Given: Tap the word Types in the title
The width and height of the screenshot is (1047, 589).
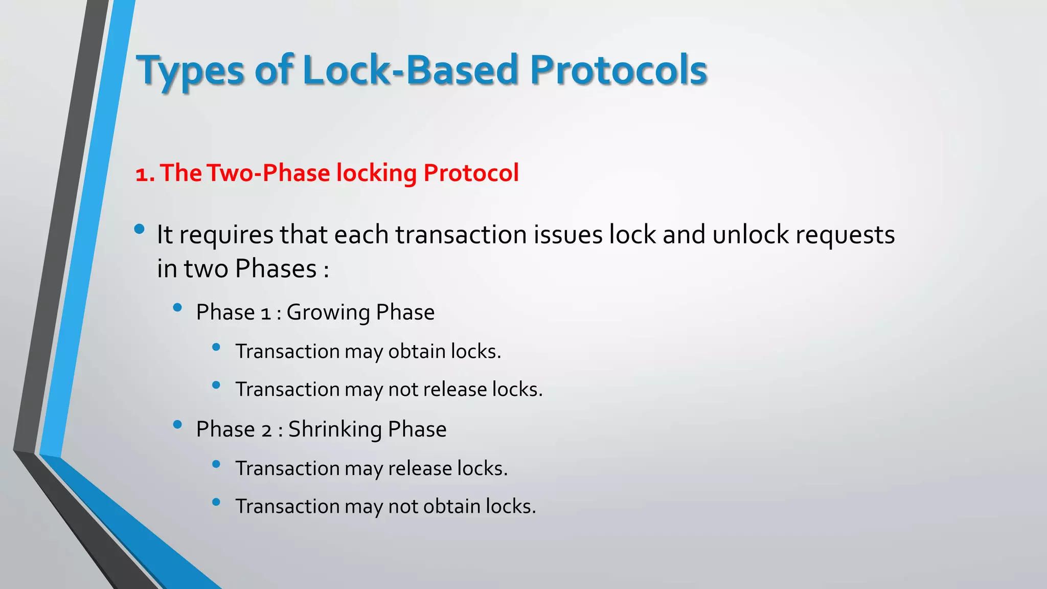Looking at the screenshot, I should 190,72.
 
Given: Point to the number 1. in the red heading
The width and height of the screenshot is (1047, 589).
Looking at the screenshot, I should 145,174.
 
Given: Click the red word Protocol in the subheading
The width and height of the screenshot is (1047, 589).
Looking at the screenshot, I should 471,173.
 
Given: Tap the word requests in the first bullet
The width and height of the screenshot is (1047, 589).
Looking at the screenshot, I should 845,236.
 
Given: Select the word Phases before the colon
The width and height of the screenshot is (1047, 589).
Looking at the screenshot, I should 276,269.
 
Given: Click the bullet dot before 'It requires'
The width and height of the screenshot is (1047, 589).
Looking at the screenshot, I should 139,229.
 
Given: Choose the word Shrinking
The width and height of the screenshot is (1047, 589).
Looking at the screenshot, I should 335,429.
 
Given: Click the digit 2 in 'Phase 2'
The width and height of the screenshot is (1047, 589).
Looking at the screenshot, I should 266,431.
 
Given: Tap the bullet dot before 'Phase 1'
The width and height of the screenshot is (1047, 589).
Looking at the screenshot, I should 177,307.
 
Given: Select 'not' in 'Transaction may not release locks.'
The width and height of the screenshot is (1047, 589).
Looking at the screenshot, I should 403,390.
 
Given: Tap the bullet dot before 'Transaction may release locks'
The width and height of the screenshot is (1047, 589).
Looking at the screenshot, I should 216,464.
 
